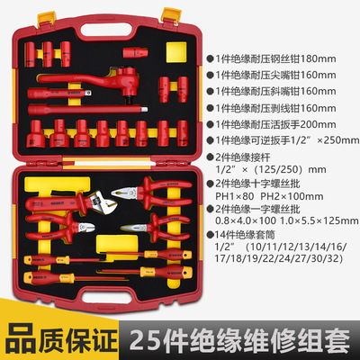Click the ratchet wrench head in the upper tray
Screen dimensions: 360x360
pyautogui.click(x=129, y=82)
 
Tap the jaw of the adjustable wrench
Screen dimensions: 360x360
pyautogui.click(x=105, y=203)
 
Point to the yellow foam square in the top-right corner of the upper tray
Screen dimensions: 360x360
pyautogui.click(x=176, y=52)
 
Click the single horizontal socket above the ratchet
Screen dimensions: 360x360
pyautogui.click(x=135, y=52)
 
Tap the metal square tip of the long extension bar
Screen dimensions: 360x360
pyautogui.click(x=145, y=109)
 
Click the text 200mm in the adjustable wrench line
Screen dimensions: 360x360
pyautogui.click(x=319, y=124)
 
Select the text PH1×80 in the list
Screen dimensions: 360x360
pyautogui.click(x=234, y=196)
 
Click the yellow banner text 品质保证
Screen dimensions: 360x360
pyautogui.click(x=61, y=340)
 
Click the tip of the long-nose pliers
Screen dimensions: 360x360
pyautogui.click(x=121, y=229)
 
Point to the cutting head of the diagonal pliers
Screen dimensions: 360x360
pyautogui.click(x=85, y=227)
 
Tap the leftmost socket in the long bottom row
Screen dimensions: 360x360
pyautogui.click(x=36, y=133)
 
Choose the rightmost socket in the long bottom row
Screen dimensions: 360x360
pyautogui.click(x=183, y=133)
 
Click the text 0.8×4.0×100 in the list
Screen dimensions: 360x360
pyautogui.click(x=246, y=220)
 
